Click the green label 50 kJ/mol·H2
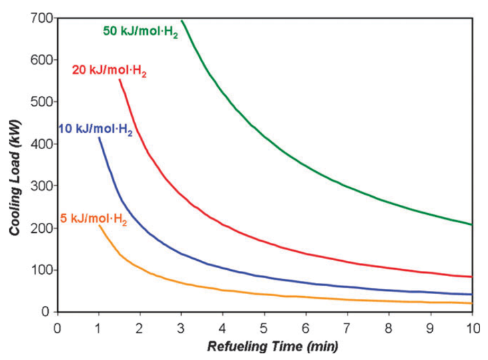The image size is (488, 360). pyautogui.click(x=140, y=31)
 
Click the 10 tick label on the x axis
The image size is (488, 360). pyautogui.click(x=472, y=327)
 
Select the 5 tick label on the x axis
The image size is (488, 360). pyautogui.click(x=264, y=327)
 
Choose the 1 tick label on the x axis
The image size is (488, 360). pyautogui.click(x=99, y=327)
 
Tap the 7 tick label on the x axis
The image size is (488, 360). pyautogui.click(x=348, y=327)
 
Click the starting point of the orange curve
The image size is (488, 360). pyautogui.click(x=99, y=226)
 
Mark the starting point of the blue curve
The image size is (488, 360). pyautogui.click(x=99, y=138)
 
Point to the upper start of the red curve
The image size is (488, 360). pyautogui.click(x=120, y=80)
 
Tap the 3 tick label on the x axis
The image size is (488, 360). pyautogui.click(x=182, y=327)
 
